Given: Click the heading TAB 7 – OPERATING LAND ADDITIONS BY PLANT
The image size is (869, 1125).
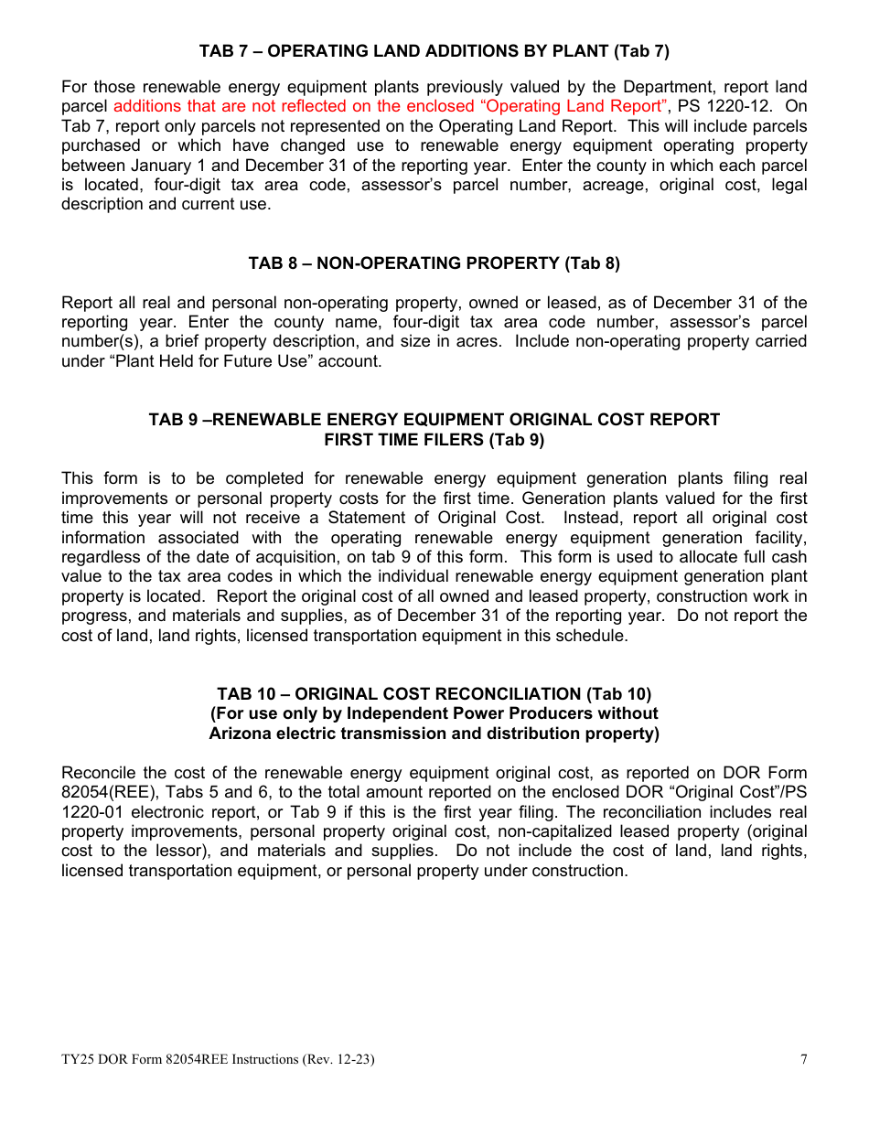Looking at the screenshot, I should pyautogui.click(x=434, y=51).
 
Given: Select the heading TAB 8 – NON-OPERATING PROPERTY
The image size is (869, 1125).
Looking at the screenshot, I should pyautogui.click(x=434, y=263).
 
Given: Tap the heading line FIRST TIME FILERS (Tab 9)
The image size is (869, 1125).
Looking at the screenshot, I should pyautogui.click(x=434, y=440).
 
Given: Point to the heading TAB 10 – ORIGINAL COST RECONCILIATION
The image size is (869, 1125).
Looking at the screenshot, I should pyautogui.click(x=434, y=694).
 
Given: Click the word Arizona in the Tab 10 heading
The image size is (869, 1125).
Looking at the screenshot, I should pyautogui.click(x=241, y=734).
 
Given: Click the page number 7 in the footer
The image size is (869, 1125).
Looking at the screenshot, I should pyautogui.click(x=803, y=1060).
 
